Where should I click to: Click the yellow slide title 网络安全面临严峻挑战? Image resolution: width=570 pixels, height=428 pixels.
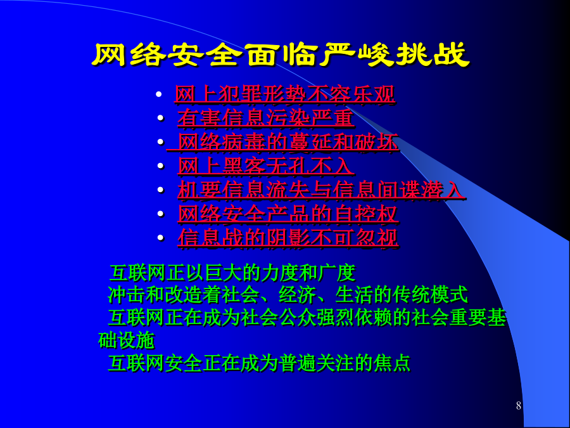[281, 55]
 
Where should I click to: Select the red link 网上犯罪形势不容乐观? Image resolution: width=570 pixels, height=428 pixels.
[284, 94]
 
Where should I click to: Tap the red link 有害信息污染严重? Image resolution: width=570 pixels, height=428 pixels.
[266, 118]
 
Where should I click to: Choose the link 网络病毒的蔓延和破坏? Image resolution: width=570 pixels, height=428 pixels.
[282, 141]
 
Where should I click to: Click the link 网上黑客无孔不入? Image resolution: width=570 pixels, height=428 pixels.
[266, 166]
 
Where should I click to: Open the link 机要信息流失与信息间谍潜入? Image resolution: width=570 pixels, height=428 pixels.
[321, 190]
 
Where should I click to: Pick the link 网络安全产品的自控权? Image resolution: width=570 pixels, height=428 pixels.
[288, 214]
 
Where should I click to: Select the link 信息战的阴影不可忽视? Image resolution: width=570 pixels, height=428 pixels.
[288, 238]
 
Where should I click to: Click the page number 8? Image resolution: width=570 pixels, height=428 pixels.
[518, 405]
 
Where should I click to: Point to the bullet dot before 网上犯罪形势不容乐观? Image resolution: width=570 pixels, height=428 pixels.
[158, 94]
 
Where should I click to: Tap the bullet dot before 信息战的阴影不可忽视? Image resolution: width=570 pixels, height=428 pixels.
[161, 238]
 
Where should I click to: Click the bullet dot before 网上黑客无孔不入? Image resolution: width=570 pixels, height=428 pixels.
[161, 165]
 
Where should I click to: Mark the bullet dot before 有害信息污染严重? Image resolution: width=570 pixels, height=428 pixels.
[161, 118]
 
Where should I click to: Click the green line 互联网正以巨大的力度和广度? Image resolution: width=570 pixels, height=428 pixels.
[232, 273]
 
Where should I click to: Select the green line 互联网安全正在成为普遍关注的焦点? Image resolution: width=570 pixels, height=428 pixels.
[259, 363]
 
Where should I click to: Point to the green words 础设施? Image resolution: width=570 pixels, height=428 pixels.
[127, 340]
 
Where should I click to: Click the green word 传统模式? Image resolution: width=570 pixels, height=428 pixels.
[430, 295]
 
